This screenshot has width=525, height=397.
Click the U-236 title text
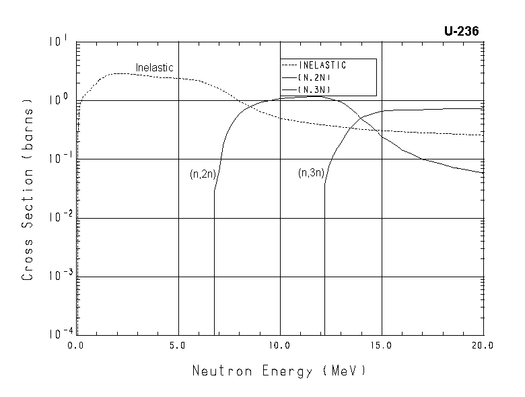click(461, 31)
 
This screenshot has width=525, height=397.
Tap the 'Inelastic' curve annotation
click(155, 68)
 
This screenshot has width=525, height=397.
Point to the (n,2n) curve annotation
click(203, 174)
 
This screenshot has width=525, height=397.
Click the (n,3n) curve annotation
click(311, 173)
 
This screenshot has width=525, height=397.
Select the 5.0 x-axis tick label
click(178, 345)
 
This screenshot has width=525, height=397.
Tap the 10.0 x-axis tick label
click(279, 345)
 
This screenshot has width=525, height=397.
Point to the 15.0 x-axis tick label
click(381, 345)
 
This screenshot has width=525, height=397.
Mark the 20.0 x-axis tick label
click(482, 345)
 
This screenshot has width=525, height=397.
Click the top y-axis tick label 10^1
click(59, 42)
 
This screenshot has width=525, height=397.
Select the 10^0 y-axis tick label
click(59, 100)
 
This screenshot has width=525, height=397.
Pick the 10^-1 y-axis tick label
click(57, 158)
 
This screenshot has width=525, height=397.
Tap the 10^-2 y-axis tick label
click(57, 217)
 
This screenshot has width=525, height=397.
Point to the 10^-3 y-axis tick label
click(57, 275)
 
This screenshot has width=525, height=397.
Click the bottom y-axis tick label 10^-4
click(57, 334)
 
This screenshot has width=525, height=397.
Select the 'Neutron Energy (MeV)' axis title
click(279, 371)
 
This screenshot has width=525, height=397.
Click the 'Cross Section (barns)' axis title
click(28, 190)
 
